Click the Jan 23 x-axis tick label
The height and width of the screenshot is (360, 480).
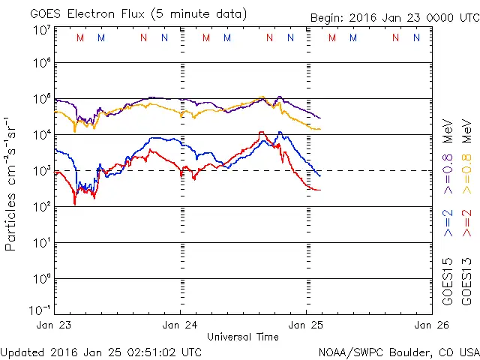click(54, 325)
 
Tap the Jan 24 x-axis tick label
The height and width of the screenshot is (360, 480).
click(180, 325)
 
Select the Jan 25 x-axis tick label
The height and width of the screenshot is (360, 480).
click(306, 325)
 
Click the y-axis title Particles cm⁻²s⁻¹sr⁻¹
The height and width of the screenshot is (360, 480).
click(10, 183)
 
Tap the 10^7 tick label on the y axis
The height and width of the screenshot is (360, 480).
click(40, 29)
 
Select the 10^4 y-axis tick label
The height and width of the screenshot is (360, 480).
click(40, 135)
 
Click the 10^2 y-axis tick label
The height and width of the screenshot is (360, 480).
click(40, 207)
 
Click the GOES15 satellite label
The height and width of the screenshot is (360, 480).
click(448, 280)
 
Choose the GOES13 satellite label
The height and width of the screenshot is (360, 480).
click(466, 280)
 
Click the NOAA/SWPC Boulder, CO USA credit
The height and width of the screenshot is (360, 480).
click(398, 351)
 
